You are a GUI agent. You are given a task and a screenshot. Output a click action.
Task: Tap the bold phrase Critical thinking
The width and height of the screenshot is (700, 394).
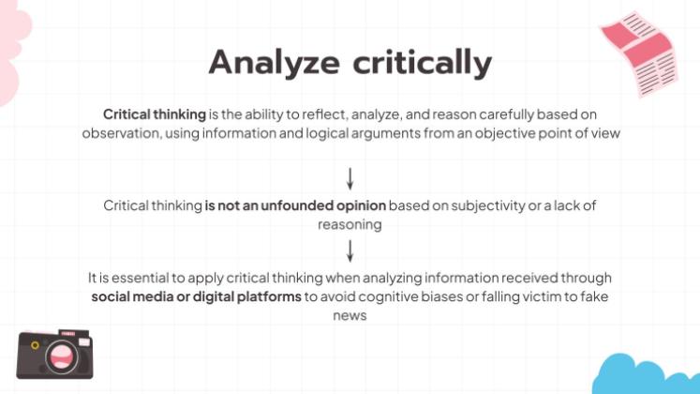155,114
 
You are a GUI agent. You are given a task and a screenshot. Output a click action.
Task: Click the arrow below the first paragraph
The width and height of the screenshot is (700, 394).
350,177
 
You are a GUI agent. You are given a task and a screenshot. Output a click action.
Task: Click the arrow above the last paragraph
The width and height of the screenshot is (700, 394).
350,250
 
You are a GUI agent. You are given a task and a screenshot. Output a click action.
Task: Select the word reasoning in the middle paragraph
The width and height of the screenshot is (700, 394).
350,224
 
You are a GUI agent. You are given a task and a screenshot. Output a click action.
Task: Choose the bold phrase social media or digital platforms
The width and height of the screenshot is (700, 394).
197,297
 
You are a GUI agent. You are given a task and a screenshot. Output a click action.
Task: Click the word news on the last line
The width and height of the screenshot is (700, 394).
350,316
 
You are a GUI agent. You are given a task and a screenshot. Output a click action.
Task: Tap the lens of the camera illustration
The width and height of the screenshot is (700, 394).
63,356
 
